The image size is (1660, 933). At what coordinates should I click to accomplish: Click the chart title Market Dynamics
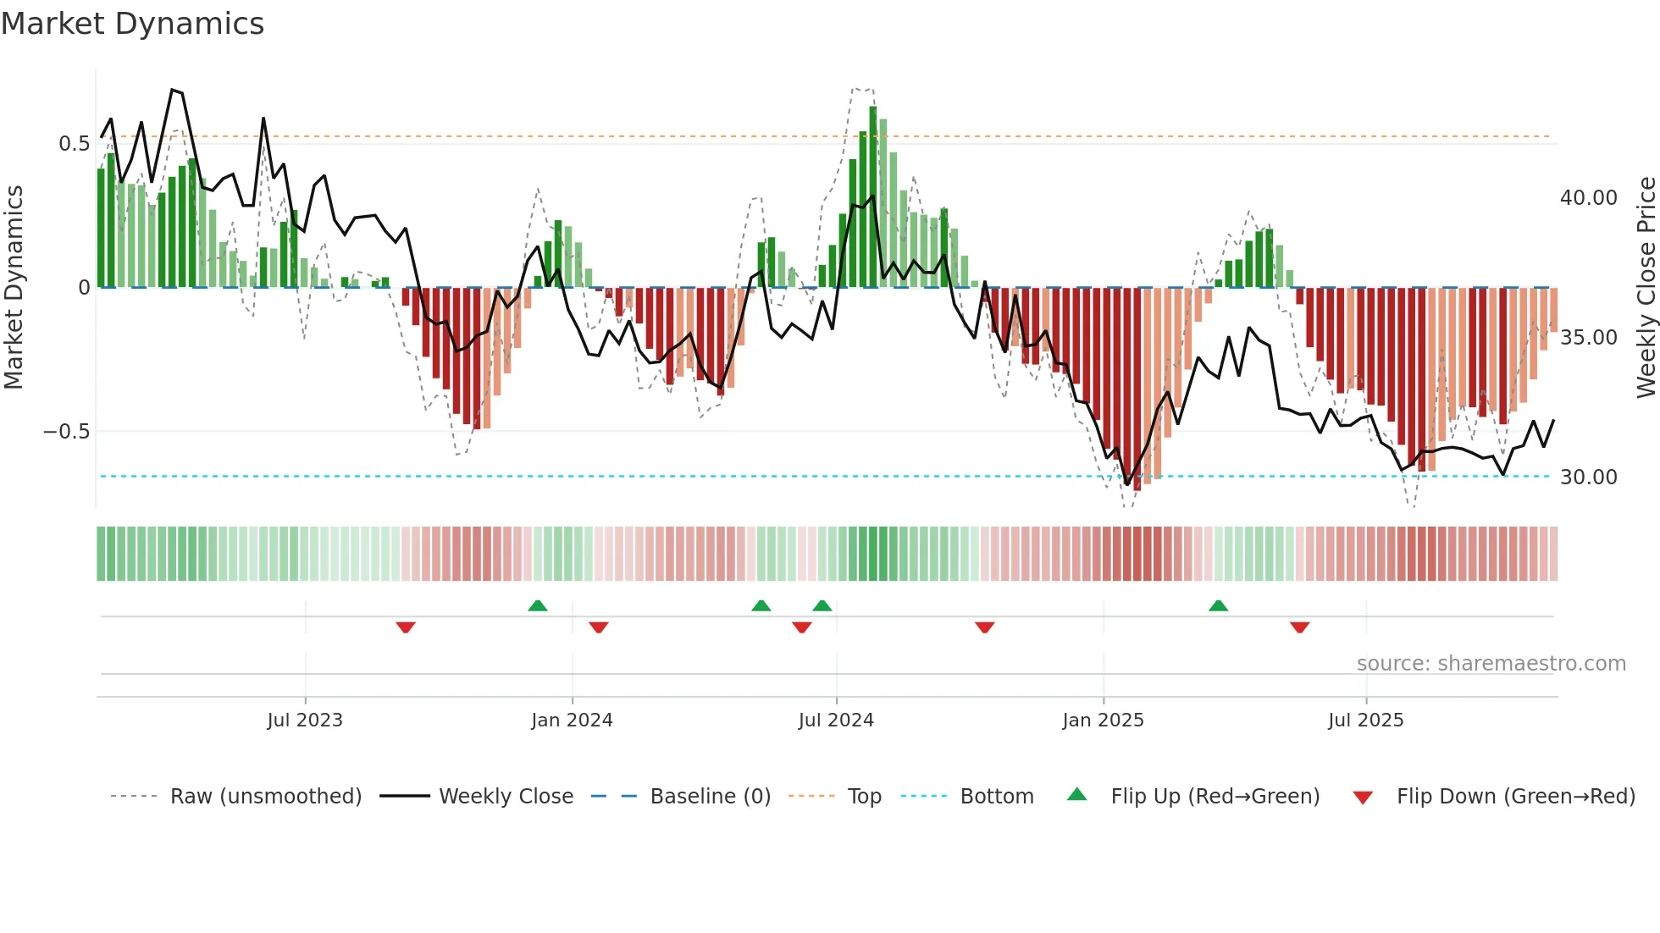tap(132, 24)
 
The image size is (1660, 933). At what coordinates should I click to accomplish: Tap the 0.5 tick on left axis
tap(74, 144)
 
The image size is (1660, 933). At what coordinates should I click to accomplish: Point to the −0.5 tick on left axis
tap(67, 432)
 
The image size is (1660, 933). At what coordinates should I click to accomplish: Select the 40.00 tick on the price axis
tap(1588, 198)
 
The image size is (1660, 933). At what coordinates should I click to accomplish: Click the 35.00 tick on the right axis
tap(1588, 338)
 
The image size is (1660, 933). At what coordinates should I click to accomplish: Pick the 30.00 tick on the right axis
tap(1588, 478)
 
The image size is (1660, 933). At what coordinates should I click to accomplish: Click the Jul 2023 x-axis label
tap(305, 720)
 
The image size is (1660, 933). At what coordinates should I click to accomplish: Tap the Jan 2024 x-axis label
tap(572, 720)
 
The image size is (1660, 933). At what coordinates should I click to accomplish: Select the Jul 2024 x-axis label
tap(836, 720)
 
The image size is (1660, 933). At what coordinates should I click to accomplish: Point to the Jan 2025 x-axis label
tap(1103, 720)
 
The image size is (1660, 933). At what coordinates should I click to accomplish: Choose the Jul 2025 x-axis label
tap(1365, 720)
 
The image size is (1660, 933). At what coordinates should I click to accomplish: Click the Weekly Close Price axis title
tap(1646, 288)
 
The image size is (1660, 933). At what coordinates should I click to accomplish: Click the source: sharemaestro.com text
tap(1491, 664)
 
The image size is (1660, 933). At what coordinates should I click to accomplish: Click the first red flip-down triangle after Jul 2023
tap(406, 627)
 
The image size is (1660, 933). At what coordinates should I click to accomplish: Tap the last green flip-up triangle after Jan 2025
tap(1218, 605)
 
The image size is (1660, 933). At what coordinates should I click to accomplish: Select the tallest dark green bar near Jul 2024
tap(873, 196)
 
